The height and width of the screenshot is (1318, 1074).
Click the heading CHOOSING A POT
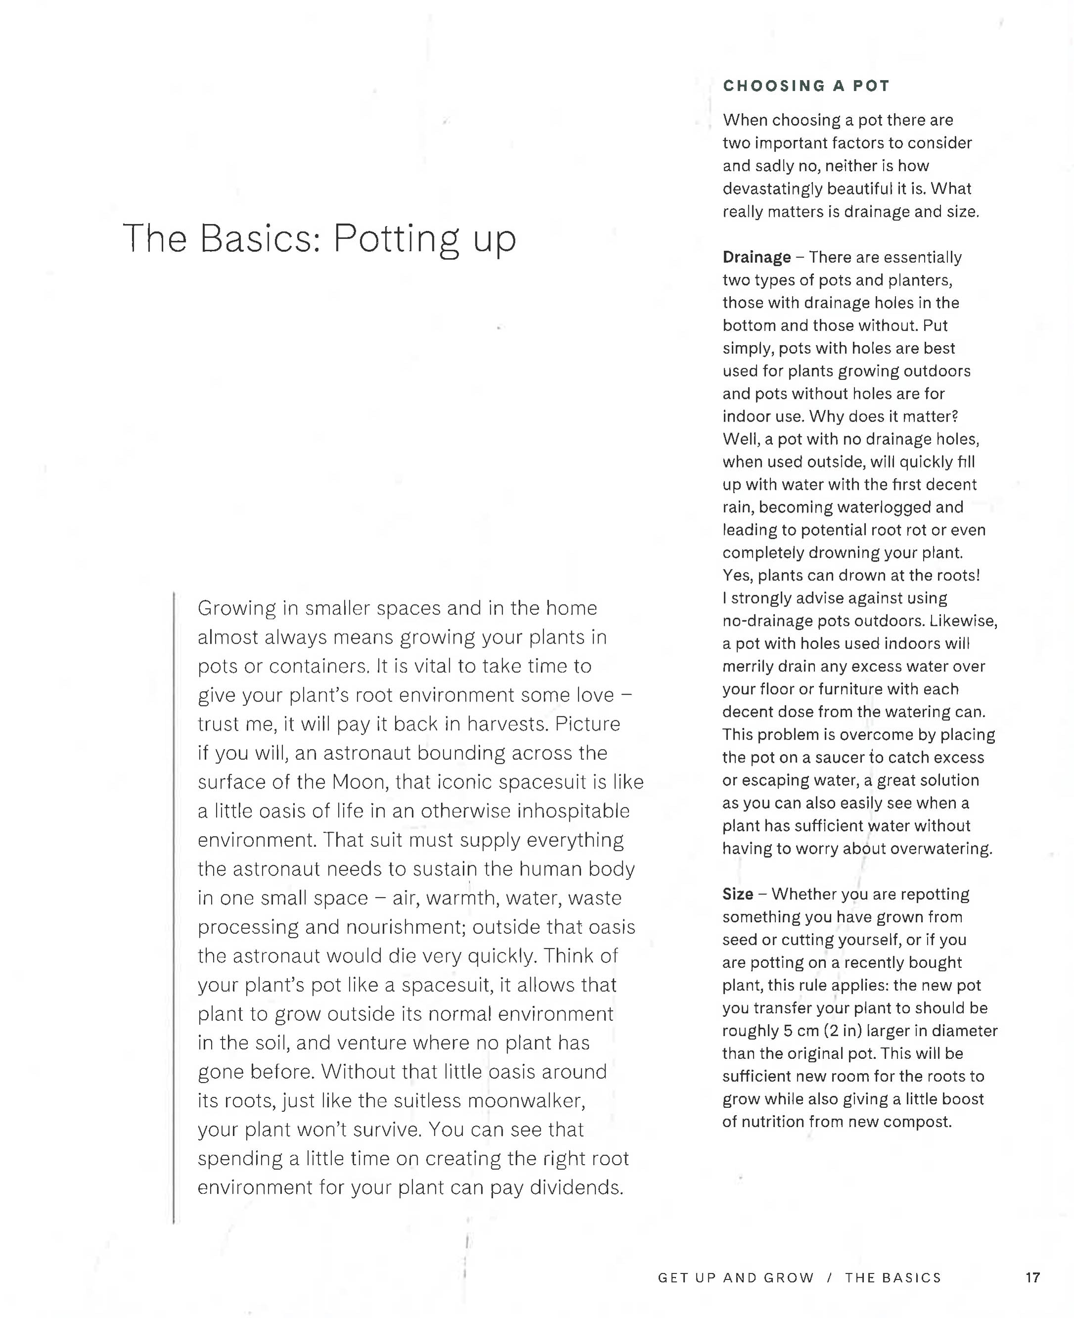(x=806, y=86)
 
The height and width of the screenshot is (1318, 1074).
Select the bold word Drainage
(x=756, y=257)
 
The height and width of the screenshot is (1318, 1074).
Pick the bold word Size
(x=738, y=894)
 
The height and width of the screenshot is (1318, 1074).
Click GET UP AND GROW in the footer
(x=736, y=1278)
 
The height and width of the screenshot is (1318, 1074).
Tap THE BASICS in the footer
(x=893, y=1278)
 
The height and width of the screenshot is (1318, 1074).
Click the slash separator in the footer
(x=830, y=1278)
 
